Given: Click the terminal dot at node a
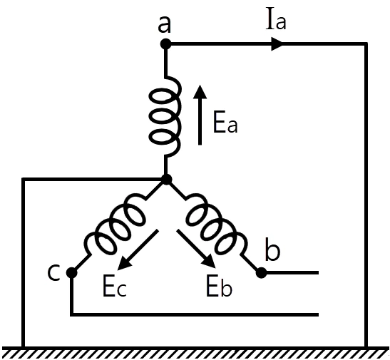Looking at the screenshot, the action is coord(165,44).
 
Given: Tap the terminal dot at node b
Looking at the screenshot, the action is coord(261,273).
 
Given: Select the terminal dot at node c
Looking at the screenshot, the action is coord(71,273).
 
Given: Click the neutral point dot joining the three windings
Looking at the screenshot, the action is coord(166,179).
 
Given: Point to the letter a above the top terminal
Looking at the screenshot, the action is coord(165,26).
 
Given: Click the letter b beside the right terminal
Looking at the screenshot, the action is coord(272,250).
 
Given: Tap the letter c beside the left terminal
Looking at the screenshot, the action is coord(53,272).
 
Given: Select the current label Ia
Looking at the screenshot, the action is coord(276,21).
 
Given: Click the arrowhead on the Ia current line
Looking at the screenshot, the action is coord(277,44).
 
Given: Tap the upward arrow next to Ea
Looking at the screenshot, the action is coord(200,115).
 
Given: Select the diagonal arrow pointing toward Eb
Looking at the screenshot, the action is coord(196,249).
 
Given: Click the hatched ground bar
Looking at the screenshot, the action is coord(195,353).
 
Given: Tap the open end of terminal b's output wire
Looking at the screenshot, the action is coord(318,273).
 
